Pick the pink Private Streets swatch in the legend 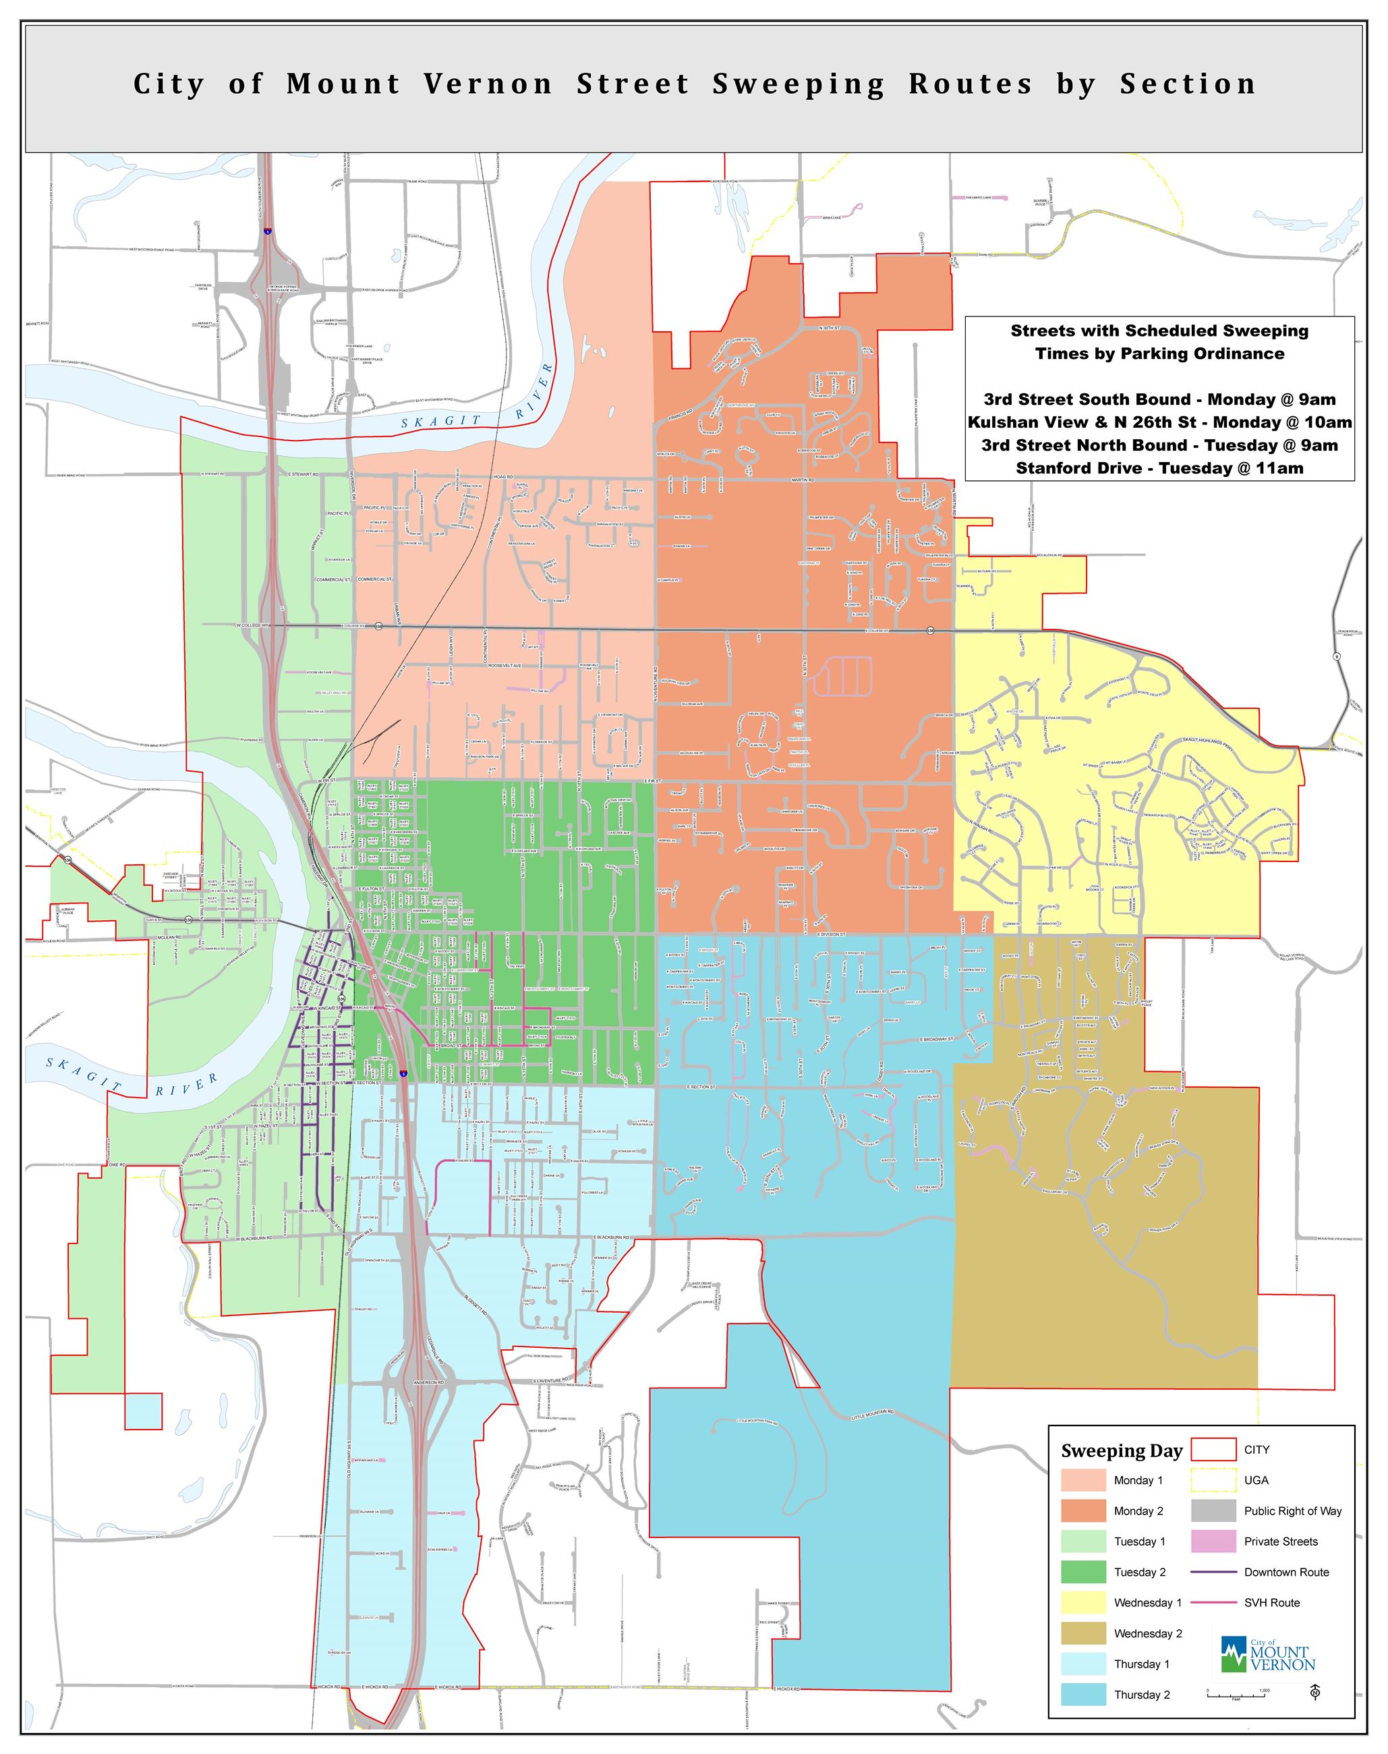click(x=1213, y=1541)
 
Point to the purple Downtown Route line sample click(x=1213, y=1572)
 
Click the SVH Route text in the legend click(x=1272, y=1603)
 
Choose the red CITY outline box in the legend click(x=1213, y=1449)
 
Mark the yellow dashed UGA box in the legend click(x=1213, y=1480)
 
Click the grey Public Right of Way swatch click(x=1213, y=1510)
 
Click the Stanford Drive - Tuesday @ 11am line click(x=1159, y=468)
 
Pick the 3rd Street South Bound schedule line click(x=1159, y=399)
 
